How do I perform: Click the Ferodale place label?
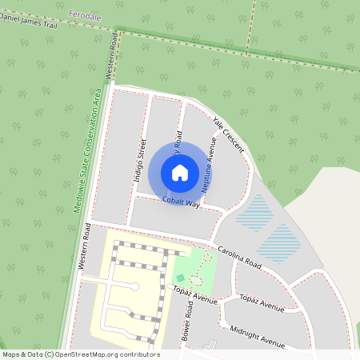point(86,15)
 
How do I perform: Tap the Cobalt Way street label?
point(181,202)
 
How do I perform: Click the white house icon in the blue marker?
point(180,172)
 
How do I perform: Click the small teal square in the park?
point(180,278)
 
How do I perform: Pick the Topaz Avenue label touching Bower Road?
point(196,295)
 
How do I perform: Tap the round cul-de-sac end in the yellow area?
point(134,286)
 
